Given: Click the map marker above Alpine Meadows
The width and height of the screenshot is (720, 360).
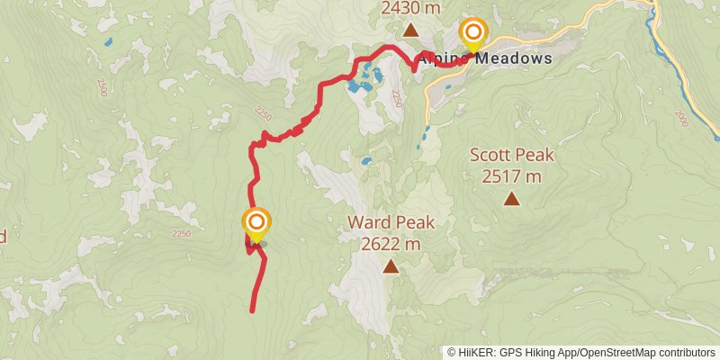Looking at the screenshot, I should pyautogui.click(x=472, y=33).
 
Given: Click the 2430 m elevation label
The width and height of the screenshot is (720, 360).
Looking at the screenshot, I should pyautogui.click(x=411, y=8).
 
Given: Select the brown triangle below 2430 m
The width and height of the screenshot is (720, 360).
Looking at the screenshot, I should pyautogui.click(x=410, y=30).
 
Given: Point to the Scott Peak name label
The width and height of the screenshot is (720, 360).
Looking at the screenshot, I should pyautogui.click(x=512, y=155).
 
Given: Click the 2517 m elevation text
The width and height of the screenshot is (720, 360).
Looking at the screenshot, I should pyautogui.click(x=512, y=176).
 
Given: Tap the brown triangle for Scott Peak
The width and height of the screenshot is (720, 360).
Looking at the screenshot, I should pyautogui.click(x=512, y=199).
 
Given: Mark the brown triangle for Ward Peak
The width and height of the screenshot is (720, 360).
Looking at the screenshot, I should pyautogui.click(x=391, y=265).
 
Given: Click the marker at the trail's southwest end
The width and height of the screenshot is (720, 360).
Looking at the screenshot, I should pyautogui.click(x=256, y=223).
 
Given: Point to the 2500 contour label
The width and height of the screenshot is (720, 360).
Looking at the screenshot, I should pyautogui.click(x=102, y=87).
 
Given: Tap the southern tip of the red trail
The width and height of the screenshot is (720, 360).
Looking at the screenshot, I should pyautogui.click(x=252, y=310).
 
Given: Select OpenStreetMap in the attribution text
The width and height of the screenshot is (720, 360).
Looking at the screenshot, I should pyautogui.click(x=618, y=352).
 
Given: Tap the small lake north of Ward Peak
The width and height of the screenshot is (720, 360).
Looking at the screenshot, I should pyautogui.click(x=366, y=163).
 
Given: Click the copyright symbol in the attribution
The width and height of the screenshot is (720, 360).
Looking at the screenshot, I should pyautogui.click(x=453, y=352).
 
